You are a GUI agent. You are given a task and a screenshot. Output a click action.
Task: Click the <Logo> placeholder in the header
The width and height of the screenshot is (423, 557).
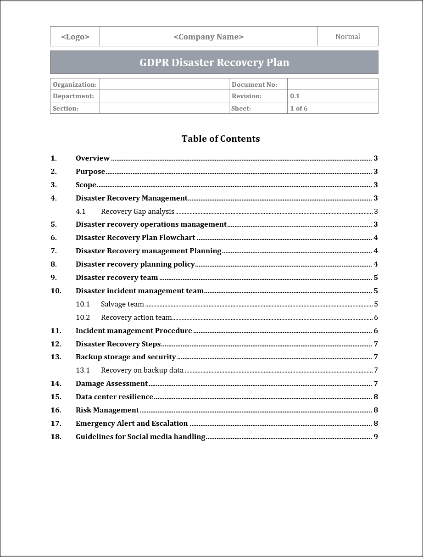tap(75, 37)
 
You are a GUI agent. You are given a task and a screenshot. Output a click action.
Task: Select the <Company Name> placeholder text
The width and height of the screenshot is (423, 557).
tap(208, 37)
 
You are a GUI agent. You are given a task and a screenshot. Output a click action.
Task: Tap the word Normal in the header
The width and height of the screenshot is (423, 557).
tap(347, 37)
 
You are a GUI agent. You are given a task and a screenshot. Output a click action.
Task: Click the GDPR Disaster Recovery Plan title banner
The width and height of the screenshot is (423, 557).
tap(214, 62)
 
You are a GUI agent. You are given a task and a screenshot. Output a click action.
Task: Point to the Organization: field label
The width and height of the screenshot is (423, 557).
tap(75, 84)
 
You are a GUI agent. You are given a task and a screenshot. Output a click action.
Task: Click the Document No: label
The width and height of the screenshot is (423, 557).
tap(254, 84)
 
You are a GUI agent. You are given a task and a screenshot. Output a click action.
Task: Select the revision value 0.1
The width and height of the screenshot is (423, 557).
tap(295, 96)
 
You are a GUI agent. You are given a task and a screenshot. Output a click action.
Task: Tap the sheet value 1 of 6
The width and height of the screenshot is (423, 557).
tap(299, 108)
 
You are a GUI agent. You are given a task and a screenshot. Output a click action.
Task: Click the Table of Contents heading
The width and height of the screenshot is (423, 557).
tap(220, 139)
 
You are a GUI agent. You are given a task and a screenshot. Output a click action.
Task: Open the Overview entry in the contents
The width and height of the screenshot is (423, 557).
tap(93, 158)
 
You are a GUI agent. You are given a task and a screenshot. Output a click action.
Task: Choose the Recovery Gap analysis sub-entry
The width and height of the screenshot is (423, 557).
tap(138, 212)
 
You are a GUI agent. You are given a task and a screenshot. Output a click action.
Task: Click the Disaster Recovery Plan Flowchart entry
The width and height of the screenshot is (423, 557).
tap(135, 238)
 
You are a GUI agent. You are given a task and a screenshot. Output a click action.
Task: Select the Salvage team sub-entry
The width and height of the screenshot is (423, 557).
tap(122, 304)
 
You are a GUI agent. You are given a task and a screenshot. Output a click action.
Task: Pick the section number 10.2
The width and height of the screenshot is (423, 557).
tap(83, 317)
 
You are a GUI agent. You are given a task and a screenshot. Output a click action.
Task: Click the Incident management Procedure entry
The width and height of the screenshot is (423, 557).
tap(134, 331)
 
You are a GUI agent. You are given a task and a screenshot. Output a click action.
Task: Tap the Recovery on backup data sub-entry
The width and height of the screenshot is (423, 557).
tap(142, 370)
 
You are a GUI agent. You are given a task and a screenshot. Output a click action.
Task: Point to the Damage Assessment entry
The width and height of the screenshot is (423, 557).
tap(111, 384)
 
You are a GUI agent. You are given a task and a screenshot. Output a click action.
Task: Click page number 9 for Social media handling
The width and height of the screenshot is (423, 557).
tap(376, 437)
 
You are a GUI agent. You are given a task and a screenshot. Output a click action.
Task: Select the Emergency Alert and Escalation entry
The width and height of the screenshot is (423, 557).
tap(132, 423)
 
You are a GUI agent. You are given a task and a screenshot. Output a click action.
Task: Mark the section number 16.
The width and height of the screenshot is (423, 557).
tap(56, 410)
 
